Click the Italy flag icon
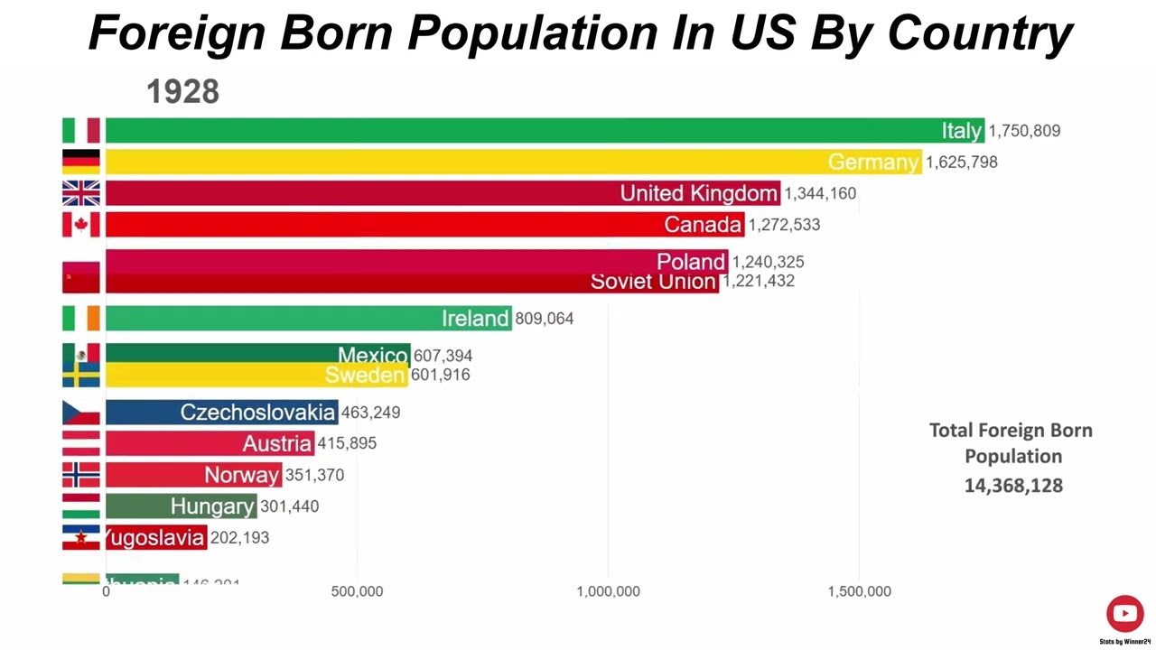80,130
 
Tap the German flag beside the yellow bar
80,162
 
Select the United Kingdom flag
80,193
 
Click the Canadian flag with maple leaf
80,224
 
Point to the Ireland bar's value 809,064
544,319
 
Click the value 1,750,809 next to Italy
1024,131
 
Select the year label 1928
182,91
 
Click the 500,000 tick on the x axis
357,591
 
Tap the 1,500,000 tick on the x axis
859,591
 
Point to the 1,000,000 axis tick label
608,591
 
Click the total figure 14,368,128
1013,486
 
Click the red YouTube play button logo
1124,614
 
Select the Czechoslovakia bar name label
257,413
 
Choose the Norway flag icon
80,475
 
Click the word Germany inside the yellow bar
872,162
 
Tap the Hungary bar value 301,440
289,506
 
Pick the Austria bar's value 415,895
347,443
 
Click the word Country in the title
979,32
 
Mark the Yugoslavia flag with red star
80,537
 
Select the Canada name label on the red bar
703,225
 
